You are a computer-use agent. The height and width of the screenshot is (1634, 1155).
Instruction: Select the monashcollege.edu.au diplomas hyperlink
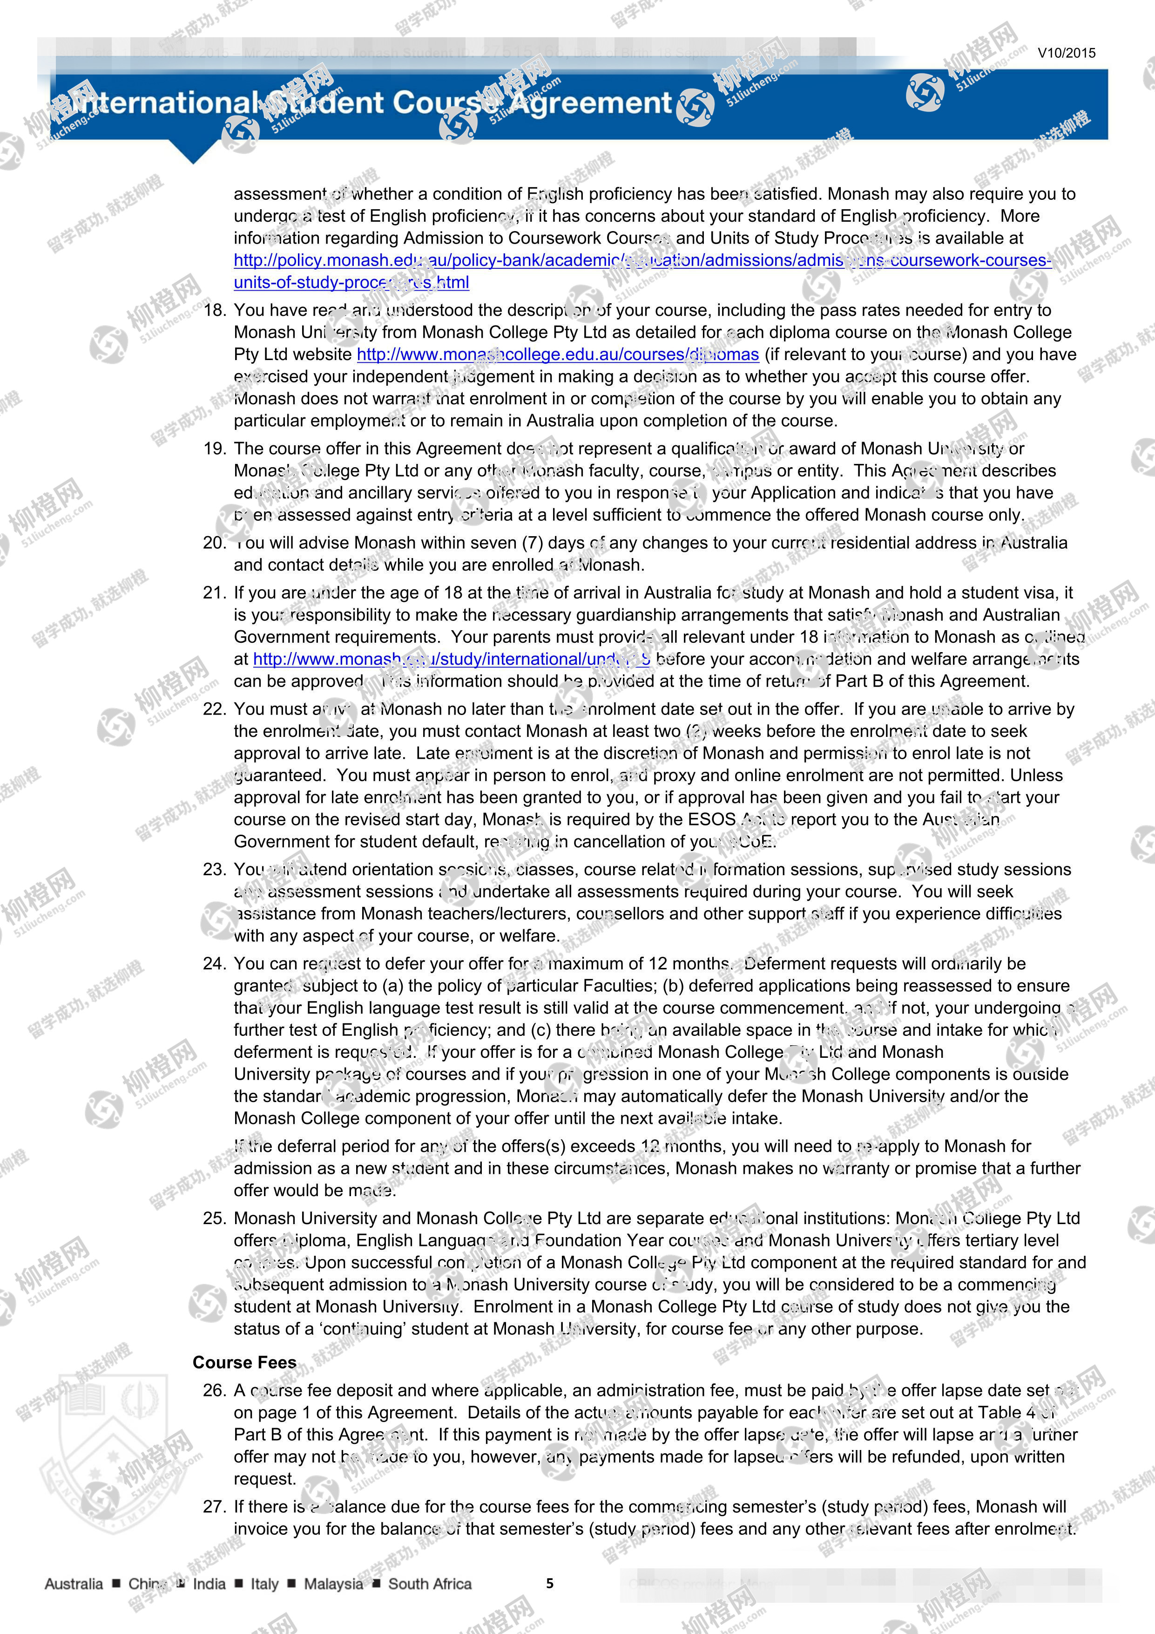click(x=558, y=354)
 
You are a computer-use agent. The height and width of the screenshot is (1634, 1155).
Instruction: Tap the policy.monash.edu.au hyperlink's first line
click(x=642, y=260)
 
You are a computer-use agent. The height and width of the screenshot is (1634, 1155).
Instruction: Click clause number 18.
click(x=214, y=310)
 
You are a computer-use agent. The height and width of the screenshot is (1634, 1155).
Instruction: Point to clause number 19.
click(x=214, y=449)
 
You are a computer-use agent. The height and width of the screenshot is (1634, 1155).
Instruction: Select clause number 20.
click(x=214, y=543)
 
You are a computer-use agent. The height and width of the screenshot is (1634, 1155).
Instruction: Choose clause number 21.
click(x=214, y=593)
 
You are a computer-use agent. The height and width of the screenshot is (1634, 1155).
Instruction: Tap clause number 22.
click(x=214, y=709)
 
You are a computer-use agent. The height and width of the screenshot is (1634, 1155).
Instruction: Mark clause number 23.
click(x=214, y=870)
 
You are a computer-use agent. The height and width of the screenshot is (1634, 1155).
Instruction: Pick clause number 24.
click(x=214, y=964)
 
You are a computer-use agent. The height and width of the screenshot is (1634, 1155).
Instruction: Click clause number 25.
click(x=214, y=1219)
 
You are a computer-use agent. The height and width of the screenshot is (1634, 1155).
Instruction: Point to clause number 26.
click(x=214, y=1390)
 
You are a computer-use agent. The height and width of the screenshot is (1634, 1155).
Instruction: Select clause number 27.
click(x=214, y=1507)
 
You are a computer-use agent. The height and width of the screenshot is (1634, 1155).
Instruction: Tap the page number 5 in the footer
click(x=550, y=1584)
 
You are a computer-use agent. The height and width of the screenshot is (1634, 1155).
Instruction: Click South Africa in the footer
click(x=430, y=1584)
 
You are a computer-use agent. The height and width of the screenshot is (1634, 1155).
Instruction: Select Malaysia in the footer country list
click(x=333, y=1584)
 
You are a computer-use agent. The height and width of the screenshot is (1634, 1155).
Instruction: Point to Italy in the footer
click(x=264, y=1584)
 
